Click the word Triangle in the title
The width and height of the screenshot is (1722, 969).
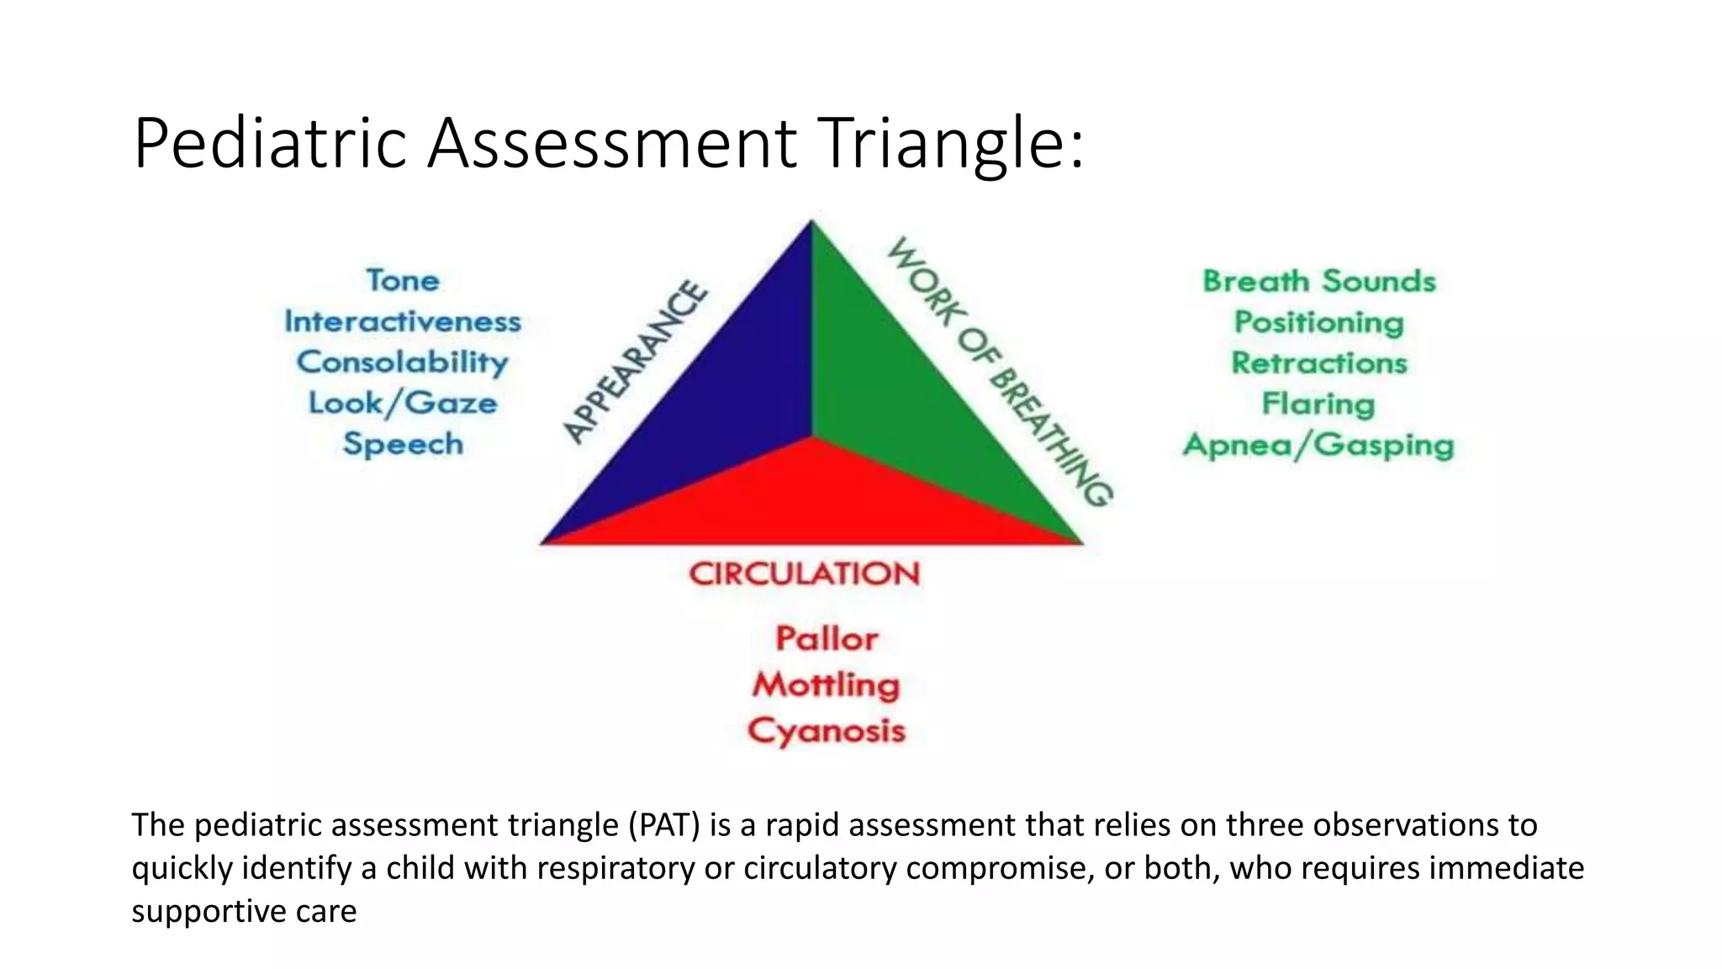[950, 143]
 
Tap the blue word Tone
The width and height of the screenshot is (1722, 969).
[403, 280]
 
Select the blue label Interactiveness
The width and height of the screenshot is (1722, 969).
[403, 321]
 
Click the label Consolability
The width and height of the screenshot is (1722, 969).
[403, 363]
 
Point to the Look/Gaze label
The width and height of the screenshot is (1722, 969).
[403, 403]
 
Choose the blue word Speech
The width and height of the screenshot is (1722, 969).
[403, 444]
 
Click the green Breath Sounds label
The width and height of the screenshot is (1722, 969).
[1318, 281]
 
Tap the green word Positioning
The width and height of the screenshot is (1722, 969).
[1318, 322]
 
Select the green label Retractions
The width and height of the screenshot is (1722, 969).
[1318, 363]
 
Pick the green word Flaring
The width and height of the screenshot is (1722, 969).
[1318, 404]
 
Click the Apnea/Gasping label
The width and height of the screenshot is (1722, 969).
[1318, 445]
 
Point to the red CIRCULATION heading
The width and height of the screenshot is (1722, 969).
[805, 574]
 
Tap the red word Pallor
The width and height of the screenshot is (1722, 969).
[827, 639]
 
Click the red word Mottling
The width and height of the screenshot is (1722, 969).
[827, 685]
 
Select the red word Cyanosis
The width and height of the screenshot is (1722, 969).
[827, 730]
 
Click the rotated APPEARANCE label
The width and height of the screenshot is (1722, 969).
[635, 362]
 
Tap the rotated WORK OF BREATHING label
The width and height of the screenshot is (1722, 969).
[1001, 370]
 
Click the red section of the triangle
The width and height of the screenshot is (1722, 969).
[811, 500]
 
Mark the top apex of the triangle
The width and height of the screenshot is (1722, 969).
[811, 222]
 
